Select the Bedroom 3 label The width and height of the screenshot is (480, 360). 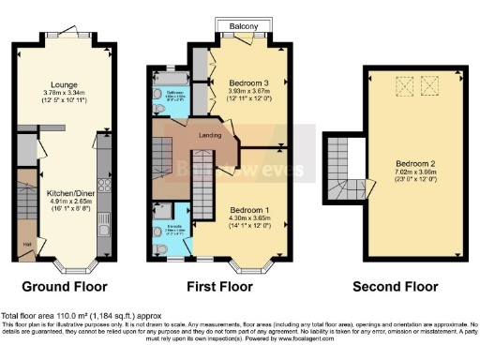click(248, 83)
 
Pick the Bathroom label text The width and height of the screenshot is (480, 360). click(174, 92)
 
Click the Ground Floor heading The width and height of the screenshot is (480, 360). click(65, 286)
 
